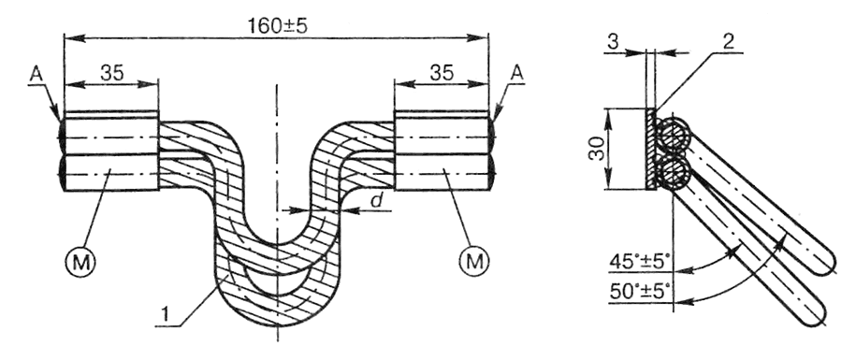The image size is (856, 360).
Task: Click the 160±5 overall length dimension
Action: click(278, 25)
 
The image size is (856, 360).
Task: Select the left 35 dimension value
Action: click(112, 72)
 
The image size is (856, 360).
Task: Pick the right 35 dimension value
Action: click(442, 72)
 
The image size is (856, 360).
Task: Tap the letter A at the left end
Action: click(36, 75)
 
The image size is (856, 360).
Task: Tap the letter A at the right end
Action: click(516, 74)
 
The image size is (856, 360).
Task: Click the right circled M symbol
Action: click(473, 262)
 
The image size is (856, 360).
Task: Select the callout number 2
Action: click(728, 44)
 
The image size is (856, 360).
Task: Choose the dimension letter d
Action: click(376, 200)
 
